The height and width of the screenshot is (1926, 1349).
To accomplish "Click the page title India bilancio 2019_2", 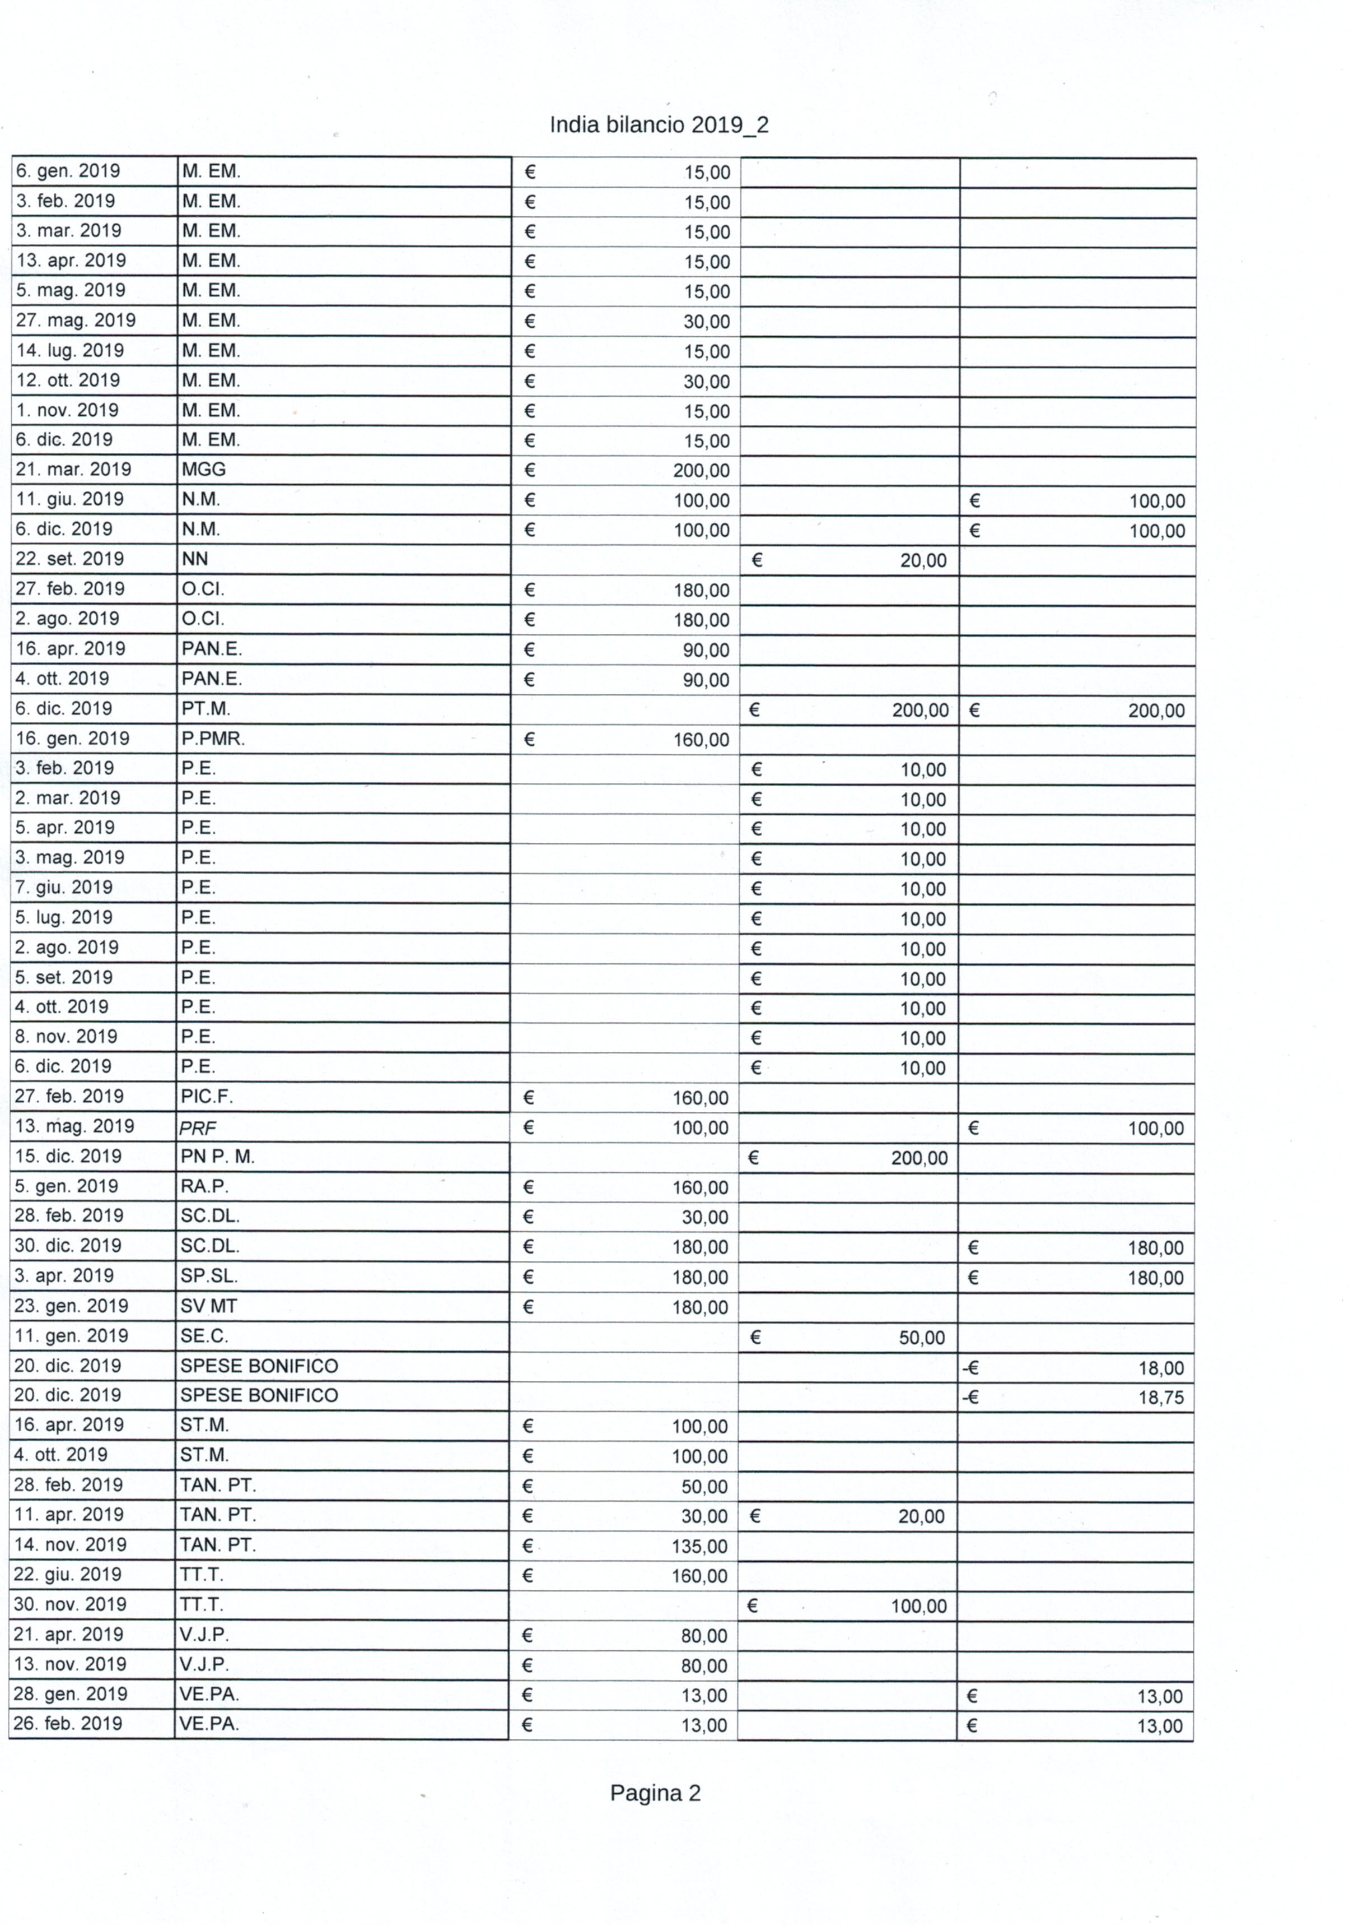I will click(x=659, y=125).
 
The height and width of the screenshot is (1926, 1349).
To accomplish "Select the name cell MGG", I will click(x=204, y=470).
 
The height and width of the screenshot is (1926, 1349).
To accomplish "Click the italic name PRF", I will click(x=198, y=1128).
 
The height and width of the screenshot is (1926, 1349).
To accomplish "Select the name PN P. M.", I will click(x=217, y=1157).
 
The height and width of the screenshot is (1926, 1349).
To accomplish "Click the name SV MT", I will click(x=209, y=1306).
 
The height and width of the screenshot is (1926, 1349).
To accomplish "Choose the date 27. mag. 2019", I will click(x=76, y=321).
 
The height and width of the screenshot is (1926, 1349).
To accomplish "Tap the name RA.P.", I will click(x=204, y=1186).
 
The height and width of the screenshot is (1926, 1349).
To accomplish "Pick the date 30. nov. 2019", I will click(x=69, y=1605).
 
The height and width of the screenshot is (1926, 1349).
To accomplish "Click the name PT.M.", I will click(x=206, y=709).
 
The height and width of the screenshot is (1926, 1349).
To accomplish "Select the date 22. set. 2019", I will click(x=69, y=559).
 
